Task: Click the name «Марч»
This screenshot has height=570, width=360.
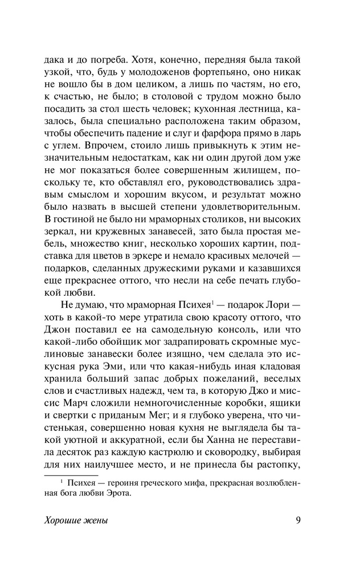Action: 65,427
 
